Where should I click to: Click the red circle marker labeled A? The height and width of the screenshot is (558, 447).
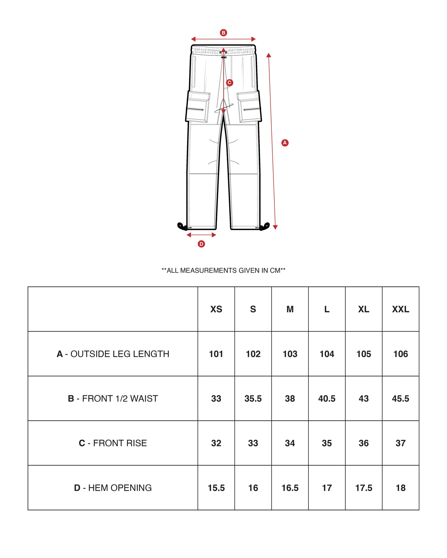285,143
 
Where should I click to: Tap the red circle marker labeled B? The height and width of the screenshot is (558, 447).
223,33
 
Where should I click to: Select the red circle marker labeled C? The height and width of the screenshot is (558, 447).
229,83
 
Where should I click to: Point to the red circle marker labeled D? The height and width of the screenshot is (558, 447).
201,244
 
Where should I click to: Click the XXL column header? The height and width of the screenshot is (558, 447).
401,309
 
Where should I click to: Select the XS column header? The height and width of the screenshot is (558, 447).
216,309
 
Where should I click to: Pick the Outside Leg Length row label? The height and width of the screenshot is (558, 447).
113,354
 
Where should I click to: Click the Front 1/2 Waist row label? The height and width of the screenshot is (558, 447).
113,398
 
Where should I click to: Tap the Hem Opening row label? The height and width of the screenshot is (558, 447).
113,488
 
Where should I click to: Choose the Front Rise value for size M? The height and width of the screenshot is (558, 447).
290,443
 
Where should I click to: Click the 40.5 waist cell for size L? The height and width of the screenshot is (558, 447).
327,398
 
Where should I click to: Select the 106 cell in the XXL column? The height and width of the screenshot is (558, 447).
401,354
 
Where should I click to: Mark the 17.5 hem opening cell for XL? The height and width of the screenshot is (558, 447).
364,488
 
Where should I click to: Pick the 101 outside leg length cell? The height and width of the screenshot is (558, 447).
216,354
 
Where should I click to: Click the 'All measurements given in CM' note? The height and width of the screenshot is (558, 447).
223,271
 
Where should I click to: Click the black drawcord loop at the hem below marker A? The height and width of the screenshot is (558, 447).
265,227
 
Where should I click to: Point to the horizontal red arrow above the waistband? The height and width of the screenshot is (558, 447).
223,39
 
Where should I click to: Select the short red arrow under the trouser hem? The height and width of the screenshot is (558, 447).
201,235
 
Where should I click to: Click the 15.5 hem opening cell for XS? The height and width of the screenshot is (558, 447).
216,488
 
